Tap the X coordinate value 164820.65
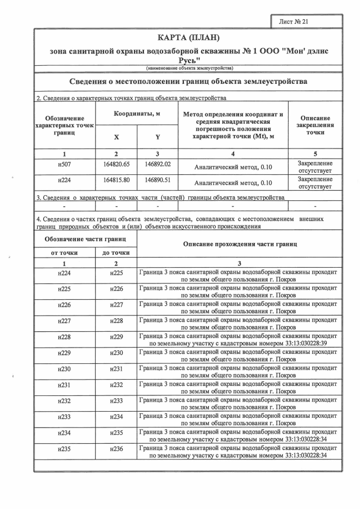coord(116,164)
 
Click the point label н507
coord(64,164)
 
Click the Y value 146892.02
coord(157,164)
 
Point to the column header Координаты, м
coord(137,114)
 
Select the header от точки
coord(64,253)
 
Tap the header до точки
coord(116,253)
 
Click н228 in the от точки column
coord(64,337)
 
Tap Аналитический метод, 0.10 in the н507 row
coord(232,167)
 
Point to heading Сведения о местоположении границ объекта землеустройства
coord(188,82)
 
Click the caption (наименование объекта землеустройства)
coord(188,68)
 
